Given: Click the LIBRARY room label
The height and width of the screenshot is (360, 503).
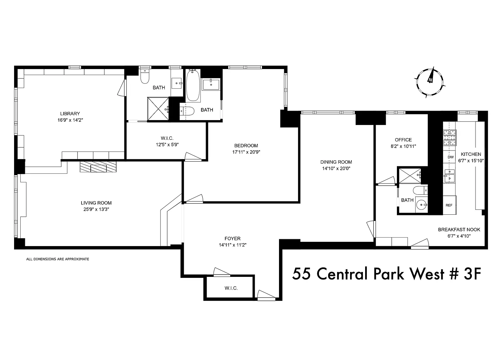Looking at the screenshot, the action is [70, 114].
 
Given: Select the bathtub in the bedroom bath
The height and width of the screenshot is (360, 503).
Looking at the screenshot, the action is [193, 85].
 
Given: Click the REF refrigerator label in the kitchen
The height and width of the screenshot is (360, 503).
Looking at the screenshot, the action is [449, 205].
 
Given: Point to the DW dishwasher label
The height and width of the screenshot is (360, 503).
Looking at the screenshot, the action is [451, 157].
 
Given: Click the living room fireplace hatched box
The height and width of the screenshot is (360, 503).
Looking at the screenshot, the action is [98, 167].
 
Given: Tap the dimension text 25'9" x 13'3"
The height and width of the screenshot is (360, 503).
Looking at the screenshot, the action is [96, 209].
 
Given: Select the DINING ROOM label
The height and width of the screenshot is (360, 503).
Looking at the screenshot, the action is [336, 162].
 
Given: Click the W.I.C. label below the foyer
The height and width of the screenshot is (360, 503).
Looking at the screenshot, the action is [231, 288].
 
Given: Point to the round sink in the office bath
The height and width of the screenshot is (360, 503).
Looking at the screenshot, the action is [421, 205].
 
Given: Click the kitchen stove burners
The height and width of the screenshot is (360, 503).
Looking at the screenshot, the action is [450, 137].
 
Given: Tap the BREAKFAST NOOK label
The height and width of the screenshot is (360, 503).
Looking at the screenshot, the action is [459, 230].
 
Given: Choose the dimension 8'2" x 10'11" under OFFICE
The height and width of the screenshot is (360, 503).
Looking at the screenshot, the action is [403, 146].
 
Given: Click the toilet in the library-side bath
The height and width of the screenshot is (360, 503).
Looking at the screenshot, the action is [145, 76].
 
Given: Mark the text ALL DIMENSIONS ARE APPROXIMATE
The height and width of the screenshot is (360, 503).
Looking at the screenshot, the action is [58, 259].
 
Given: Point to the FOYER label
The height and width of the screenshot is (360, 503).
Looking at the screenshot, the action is [233, 239].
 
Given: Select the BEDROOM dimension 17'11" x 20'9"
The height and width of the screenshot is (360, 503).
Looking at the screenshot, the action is [246, 152].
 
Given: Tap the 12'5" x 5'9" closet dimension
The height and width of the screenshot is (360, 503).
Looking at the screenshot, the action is [167, 145].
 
